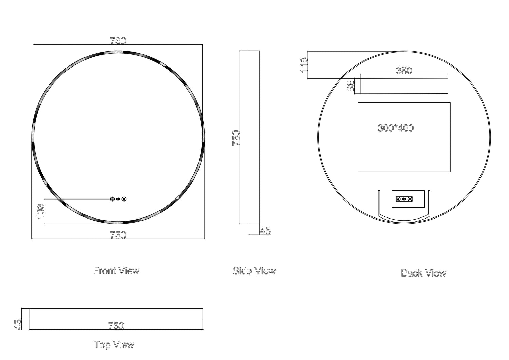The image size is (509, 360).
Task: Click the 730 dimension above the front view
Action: [x=118, y=41]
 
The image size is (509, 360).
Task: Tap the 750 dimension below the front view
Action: [x=118, y=235]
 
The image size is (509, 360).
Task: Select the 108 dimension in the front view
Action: [x=40, y=211]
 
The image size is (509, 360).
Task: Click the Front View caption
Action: [x=116, y=271]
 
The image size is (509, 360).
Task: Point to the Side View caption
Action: [x=254, y=271]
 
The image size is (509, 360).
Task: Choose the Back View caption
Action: [x=423, y=273]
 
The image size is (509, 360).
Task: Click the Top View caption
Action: [x=114, y=345]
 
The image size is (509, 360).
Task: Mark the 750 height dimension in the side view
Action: [x=236, y=138]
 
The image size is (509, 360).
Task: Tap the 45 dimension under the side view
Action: [x=265, y=231]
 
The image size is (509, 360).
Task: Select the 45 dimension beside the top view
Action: [x=18, y=324]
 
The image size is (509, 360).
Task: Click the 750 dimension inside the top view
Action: [x=116, y=326]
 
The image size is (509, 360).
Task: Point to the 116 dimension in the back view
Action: [x=304, y=65]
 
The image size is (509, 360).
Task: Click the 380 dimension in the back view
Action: [x=404, y=70]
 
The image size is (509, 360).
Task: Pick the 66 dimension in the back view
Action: [x=351, y=86]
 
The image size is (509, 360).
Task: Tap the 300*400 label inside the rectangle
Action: [x=396, y=128]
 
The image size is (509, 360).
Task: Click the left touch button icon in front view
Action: [x=112, y=199]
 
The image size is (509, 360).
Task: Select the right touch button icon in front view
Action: [x=124, y=199]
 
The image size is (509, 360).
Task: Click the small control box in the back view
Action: [x=408, y=199]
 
